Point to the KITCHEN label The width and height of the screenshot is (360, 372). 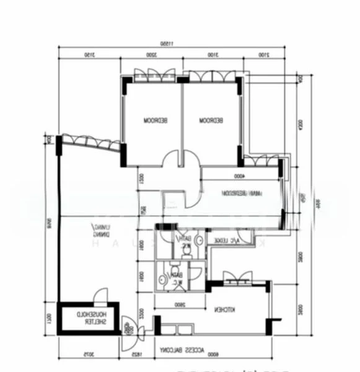pyautogui.click(x=224, y=309)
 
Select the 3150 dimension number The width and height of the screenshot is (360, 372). pyautogui.click(x=89, y=56)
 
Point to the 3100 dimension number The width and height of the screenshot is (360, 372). pyautogui.click(x=209, y=56)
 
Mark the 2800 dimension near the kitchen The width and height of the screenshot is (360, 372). pyautogui.click(x=180, y=304)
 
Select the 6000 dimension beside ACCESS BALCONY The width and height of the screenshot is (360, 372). pyautogui.click(x=214, y=355)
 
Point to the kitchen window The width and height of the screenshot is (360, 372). pyautogui.click(x=234, y=277)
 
